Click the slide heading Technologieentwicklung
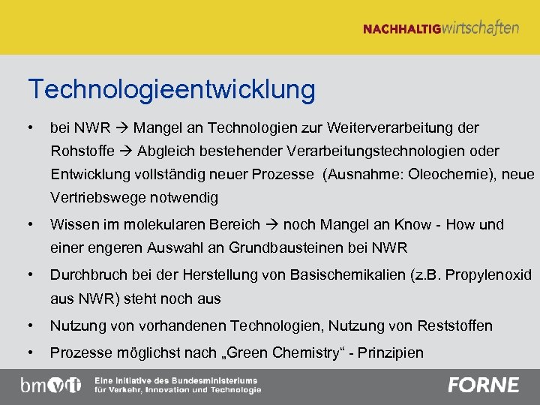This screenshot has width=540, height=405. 172,90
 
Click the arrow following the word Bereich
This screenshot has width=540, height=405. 271,224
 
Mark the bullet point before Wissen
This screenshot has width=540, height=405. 29,224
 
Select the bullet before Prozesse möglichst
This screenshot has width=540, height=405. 29,352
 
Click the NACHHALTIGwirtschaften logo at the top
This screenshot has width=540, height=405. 440,28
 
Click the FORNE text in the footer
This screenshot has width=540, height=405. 483,385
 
